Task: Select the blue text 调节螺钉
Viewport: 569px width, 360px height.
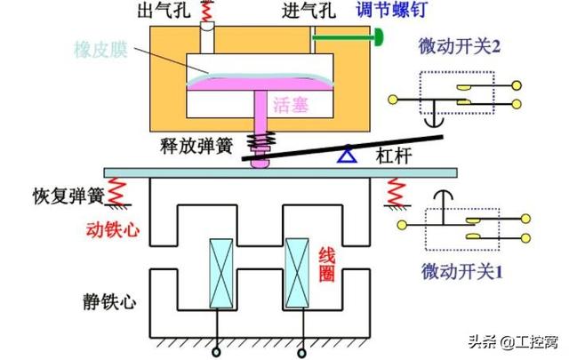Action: (x=364, y=12)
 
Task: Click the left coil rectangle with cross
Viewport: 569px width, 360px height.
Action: (x=219, y=270)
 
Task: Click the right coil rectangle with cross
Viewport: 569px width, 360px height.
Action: (x=296, y=270)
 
